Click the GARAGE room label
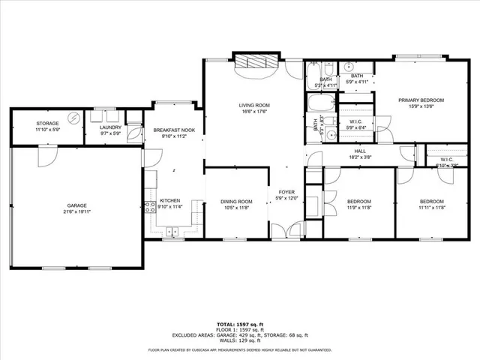click(x=76, y=205)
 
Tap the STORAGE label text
click(x=48, y=123)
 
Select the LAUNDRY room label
click(x=110, y=127)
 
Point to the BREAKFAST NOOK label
click(x=173, y=130)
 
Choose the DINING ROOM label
click(x=236, y=201)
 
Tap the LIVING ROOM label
click(x=254, y=105)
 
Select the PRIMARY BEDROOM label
click(x=421, y=100)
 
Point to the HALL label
click(x=360, y=151)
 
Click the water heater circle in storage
click(x=73, y=118)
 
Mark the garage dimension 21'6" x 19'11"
click(x=76, y=211)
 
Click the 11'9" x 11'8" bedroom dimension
click(x=360, y=208)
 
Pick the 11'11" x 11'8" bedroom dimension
click(x=432, y=208)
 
